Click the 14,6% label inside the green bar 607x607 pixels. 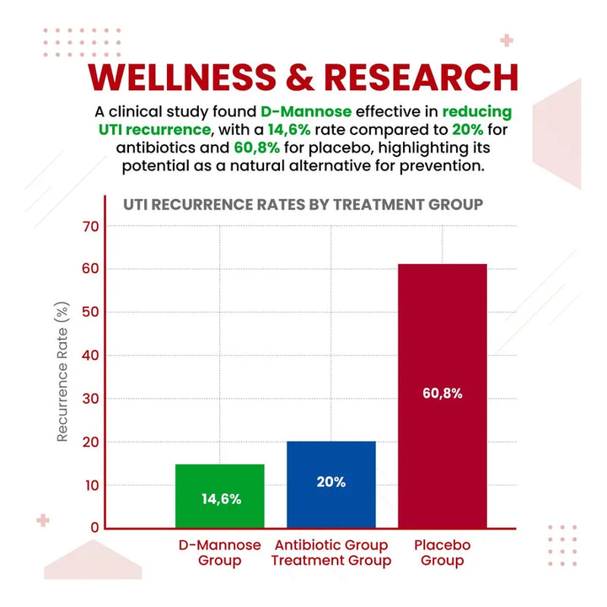[221, 498]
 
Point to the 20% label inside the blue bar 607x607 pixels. [331, 482]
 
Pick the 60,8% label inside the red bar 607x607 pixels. [442, 394]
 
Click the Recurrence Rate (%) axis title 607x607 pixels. [62, 373]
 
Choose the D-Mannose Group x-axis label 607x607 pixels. [220, 553]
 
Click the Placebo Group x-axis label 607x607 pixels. [442, 553]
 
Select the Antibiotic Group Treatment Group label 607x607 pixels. [330, 553]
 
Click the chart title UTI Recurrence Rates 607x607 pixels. [303, 204]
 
